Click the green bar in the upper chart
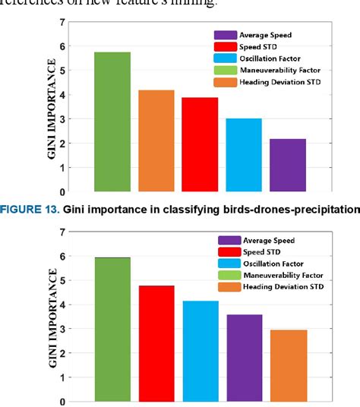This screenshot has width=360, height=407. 112,121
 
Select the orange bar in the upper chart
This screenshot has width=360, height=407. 156,140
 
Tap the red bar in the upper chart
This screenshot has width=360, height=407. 200,144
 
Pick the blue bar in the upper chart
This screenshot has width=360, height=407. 244,155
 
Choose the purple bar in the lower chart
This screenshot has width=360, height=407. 244,358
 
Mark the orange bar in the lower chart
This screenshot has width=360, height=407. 287,365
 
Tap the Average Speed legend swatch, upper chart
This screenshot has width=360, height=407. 224,35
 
